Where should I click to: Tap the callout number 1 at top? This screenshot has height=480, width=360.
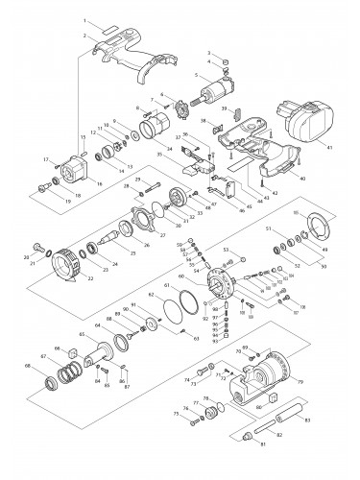tap(84, 19)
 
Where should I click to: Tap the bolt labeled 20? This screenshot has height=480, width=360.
tap(37, 245)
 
